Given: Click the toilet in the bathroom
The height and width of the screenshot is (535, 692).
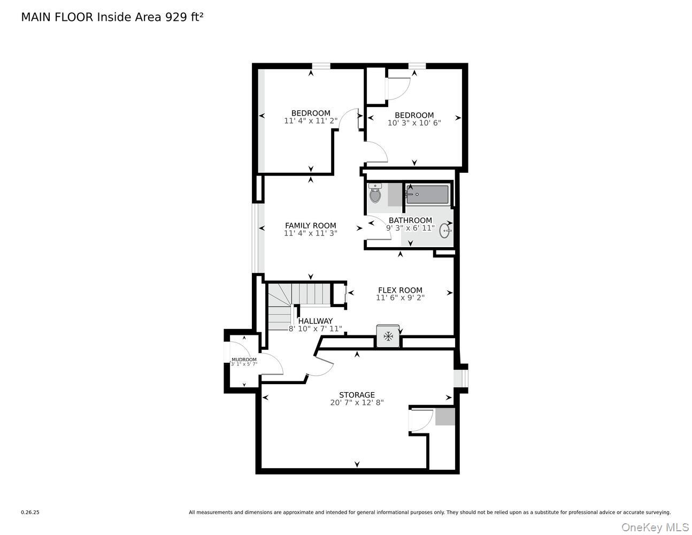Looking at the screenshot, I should (x=375, y=194).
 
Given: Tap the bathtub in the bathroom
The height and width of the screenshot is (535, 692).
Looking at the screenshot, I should (x=427, y=194).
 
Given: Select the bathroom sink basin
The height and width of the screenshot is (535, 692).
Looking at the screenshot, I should (x=444, y=231).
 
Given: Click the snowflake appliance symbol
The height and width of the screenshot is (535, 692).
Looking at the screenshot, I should (x=388, y=337).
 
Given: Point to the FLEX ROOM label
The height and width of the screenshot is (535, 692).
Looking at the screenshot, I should (x=400, y=291).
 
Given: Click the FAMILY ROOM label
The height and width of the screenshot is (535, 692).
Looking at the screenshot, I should (x=310, y=226).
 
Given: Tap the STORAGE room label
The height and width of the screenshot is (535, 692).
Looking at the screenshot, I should (x=357, y=395).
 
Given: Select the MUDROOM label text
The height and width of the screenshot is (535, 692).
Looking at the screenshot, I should (x=244, y=360).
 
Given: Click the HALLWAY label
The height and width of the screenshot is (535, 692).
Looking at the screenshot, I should (x=316, y=321).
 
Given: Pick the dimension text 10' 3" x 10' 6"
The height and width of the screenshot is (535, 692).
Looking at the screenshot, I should (x=414, y=123).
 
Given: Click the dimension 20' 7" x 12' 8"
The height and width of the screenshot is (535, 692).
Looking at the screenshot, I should (x=357, y=403).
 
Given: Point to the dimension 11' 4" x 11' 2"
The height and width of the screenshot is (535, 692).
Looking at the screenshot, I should (x=310, y=121).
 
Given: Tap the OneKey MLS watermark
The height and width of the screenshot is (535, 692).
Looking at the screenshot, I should (x=655, y=528).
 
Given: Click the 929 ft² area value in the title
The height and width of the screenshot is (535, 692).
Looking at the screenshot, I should (x=183, y=17).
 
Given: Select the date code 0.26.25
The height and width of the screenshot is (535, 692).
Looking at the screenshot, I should (x=30, y=513).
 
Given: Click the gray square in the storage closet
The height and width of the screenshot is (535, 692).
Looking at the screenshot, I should (x=444, y=417).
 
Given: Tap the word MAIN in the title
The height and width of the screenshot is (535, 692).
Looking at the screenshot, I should (x=36, y=17).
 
